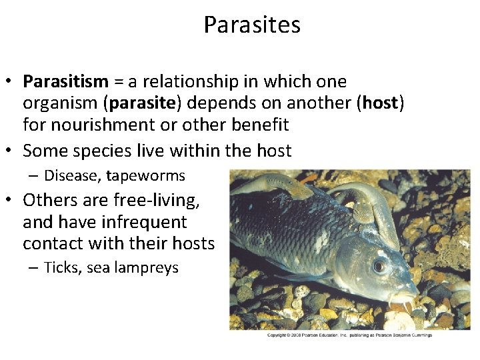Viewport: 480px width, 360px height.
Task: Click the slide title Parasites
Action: (x=252, y=25)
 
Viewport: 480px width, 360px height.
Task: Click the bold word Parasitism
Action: (x=65, y=82)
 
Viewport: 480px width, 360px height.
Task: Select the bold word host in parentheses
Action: (x=381, y=103)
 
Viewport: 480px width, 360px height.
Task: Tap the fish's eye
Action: (x=379, y=265)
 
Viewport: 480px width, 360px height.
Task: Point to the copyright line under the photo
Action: (x=349, y=335)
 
